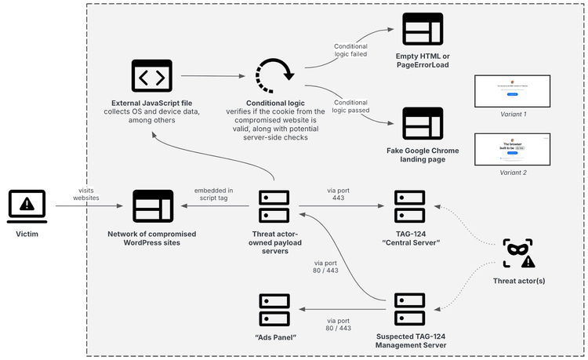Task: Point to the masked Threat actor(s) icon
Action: (x=519, y=254)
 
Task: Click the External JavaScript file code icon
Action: (x=151, y=77)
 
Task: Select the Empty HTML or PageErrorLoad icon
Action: (x=423, y=31)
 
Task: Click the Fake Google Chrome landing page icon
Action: (x=423, y=123)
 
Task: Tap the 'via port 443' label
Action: (x=339, y=194)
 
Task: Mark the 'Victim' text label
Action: (x=27, y=234)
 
